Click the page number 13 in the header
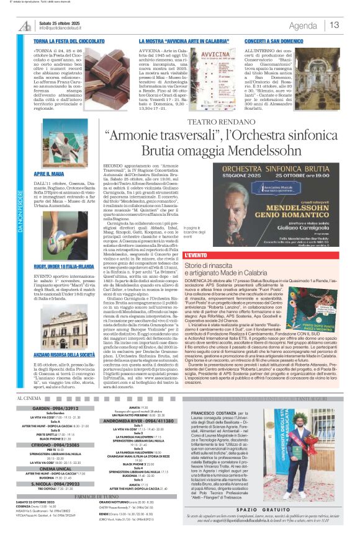coord(335,25)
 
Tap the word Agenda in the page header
coord(303,25)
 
